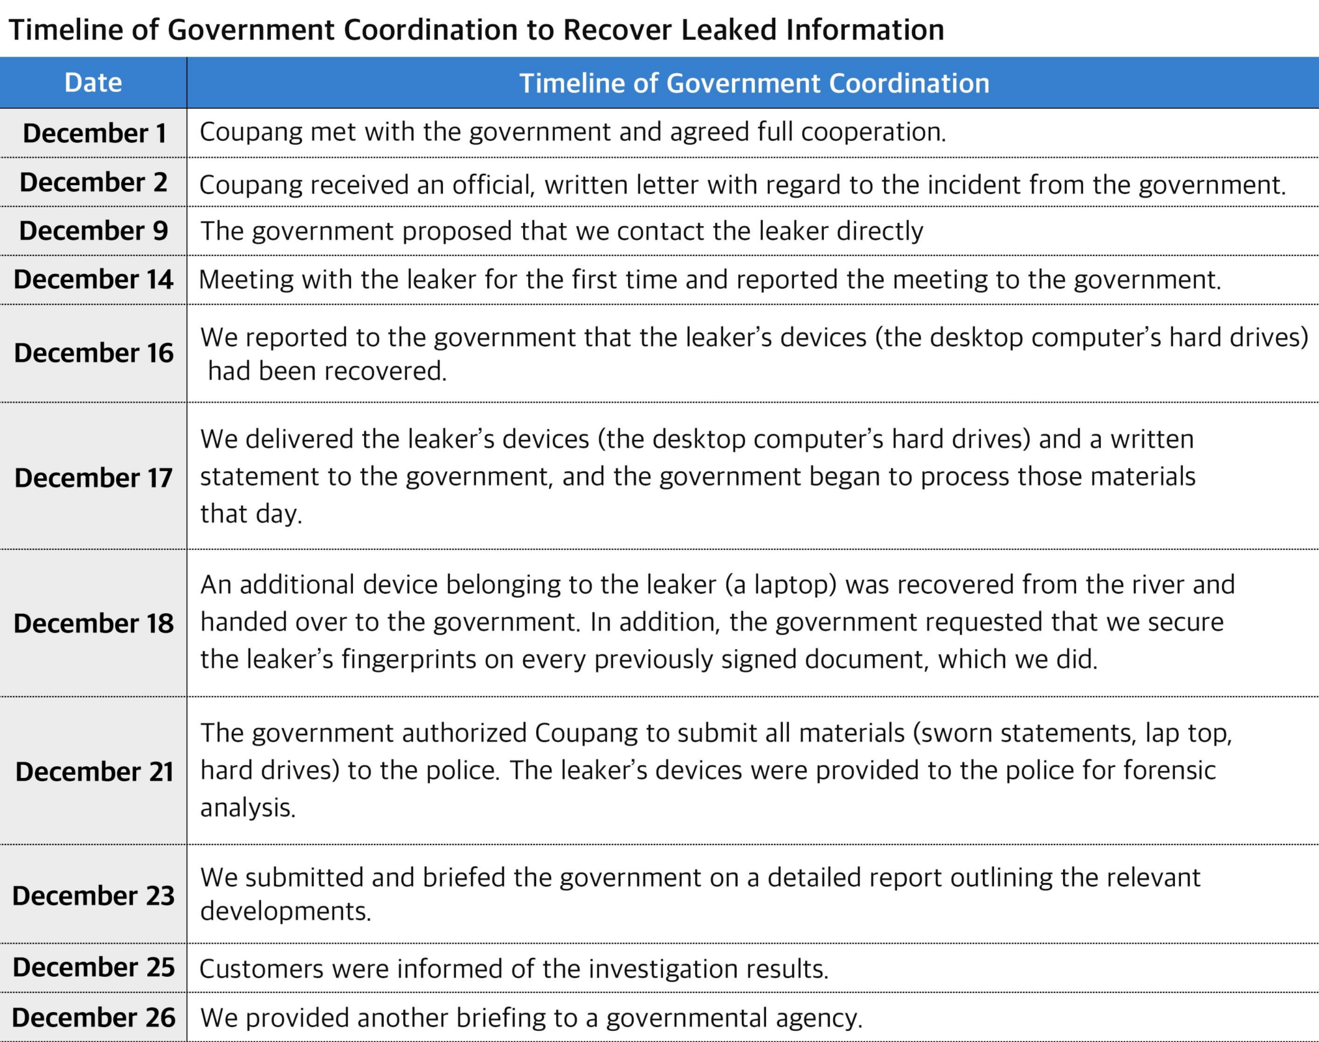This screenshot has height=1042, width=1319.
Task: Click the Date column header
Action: pyautogui.click(x=93, y=83)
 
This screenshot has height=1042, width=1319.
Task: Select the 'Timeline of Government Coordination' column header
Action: pyautogui.click(x=754, y=83)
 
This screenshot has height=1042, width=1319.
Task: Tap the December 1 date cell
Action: pyautogui.click(x=94, y=133)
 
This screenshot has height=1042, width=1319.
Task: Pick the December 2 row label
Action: pyautogui.click(x=93, y=182)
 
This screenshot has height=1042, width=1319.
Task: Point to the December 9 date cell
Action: pyautogui.click(x=93, y=231)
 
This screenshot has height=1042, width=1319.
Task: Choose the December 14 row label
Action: pyautogui.click(x=93, y=280)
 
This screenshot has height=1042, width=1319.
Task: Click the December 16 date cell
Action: pyautogui.click(x=93, y=353)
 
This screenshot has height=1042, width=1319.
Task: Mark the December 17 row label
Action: pyautogui.click(x=93, y=478)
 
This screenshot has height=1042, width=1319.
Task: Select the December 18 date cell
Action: pyautogui.click(x=93, y=624)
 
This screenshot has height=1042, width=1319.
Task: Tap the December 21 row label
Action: pyautogui.click(x=94, y=772)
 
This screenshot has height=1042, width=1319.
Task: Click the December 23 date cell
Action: pyautogui.click(x=93, y=896)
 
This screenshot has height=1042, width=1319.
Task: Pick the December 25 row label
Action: pyautogui.click(x=93, y=968)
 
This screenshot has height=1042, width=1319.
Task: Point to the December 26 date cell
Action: pyautogui.click(x=93, y=1018)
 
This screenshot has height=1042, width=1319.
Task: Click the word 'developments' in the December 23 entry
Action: pyautogui.click(x=285, y=912)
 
